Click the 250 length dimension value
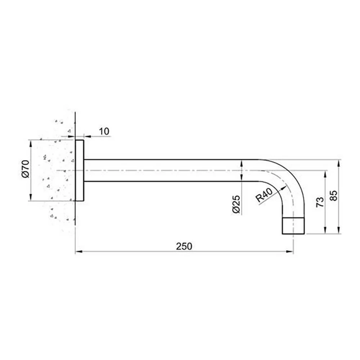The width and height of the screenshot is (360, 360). point(184,246)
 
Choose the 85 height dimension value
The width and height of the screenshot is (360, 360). point(333,196)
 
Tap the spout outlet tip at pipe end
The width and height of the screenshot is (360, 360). point(293,226)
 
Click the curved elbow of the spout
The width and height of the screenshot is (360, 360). point(288,180)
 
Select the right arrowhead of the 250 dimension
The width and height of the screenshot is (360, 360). point(291,252)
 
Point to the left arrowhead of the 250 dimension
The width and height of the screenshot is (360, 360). point(78,252)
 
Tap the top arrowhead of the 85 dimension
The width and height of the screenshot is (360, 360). point(338,162)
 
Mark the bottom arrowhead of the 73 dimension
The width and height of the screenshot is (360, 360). point(325,231)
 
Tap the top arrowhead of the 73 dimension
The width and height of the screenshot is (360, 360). point(325,173)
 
